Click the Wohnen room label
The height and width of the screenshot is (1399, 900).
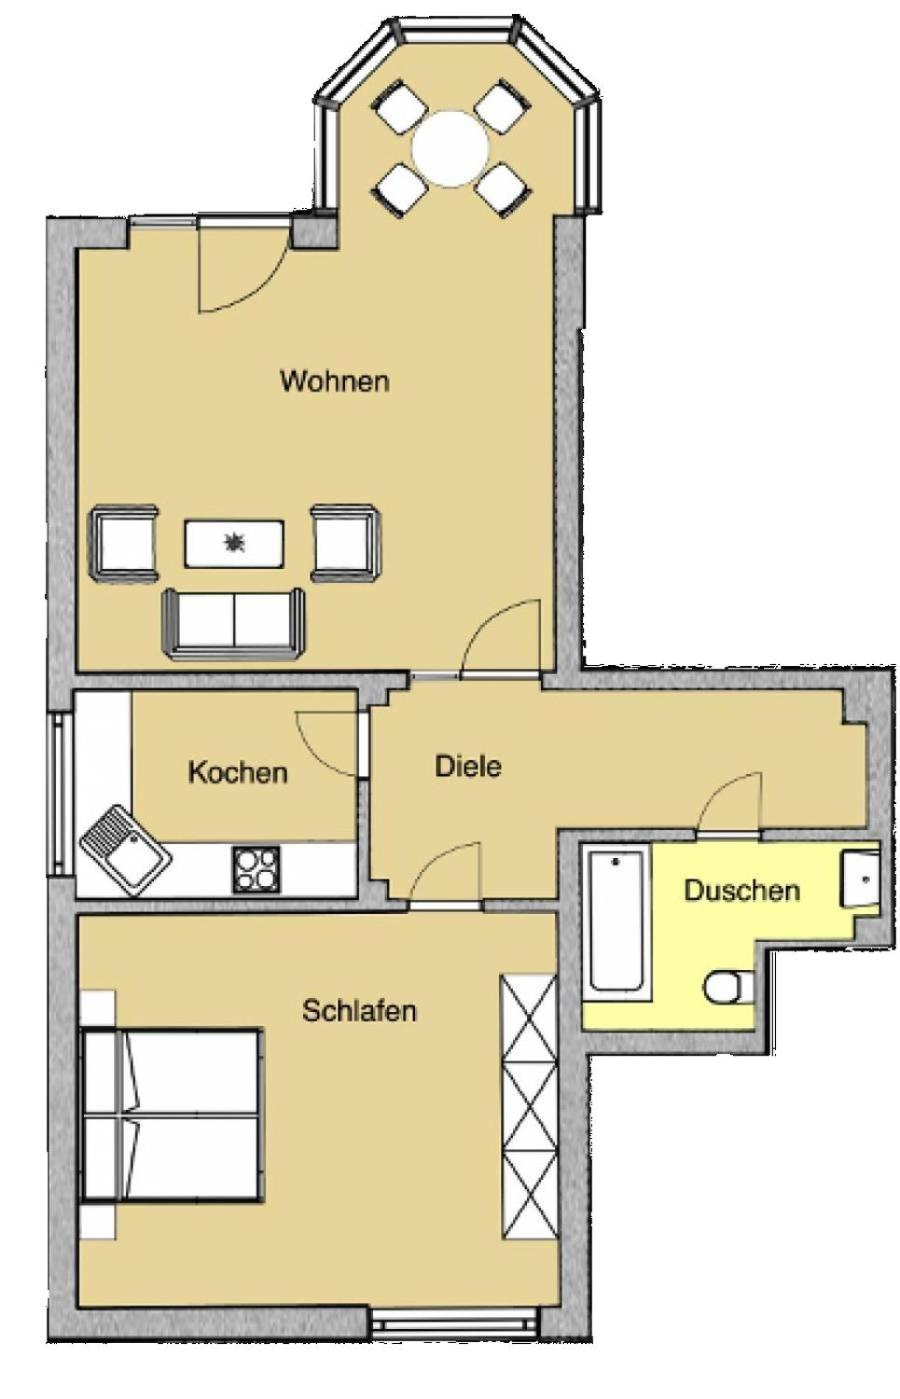(x=335, y=380)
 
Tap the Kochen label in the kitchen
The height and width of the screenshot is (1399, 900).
(x=237, y=773)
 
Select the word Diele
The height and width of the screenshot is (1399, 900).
(x=468, y=766)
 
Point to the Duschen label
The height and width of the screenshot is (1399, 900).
(x=741, y=890)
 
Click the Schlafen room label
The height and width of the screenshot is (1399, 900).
(x=359, y=1010)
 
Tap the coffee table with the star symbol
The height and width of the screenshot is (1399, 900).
(x=234, y=543)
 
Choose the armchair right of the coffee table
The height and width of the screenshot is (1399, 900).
(x=347, y=543)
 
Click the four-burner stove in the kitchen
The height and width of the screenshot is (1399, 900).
(x=257, y=869)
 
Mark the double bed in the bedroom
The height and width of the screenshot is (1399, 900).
(x=170, y=1114)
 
